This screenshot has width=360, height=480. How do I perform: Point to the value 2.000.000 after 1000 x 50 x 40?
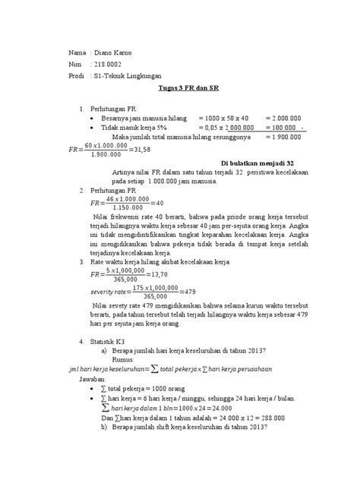(287, 119)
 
